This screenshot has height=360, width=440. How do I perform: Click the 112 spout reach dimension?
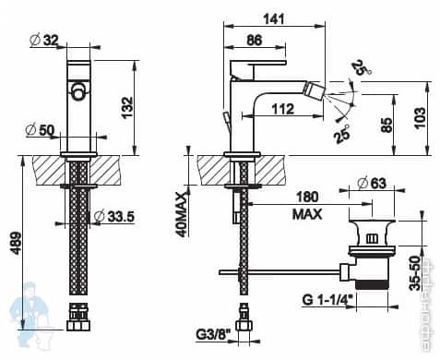(x=284, y=109)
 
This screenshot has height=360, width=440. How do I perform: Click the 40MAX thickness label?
(x=181, y=212)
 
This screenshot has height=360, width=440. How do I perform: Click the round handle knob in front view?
(x=80, y=91)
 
